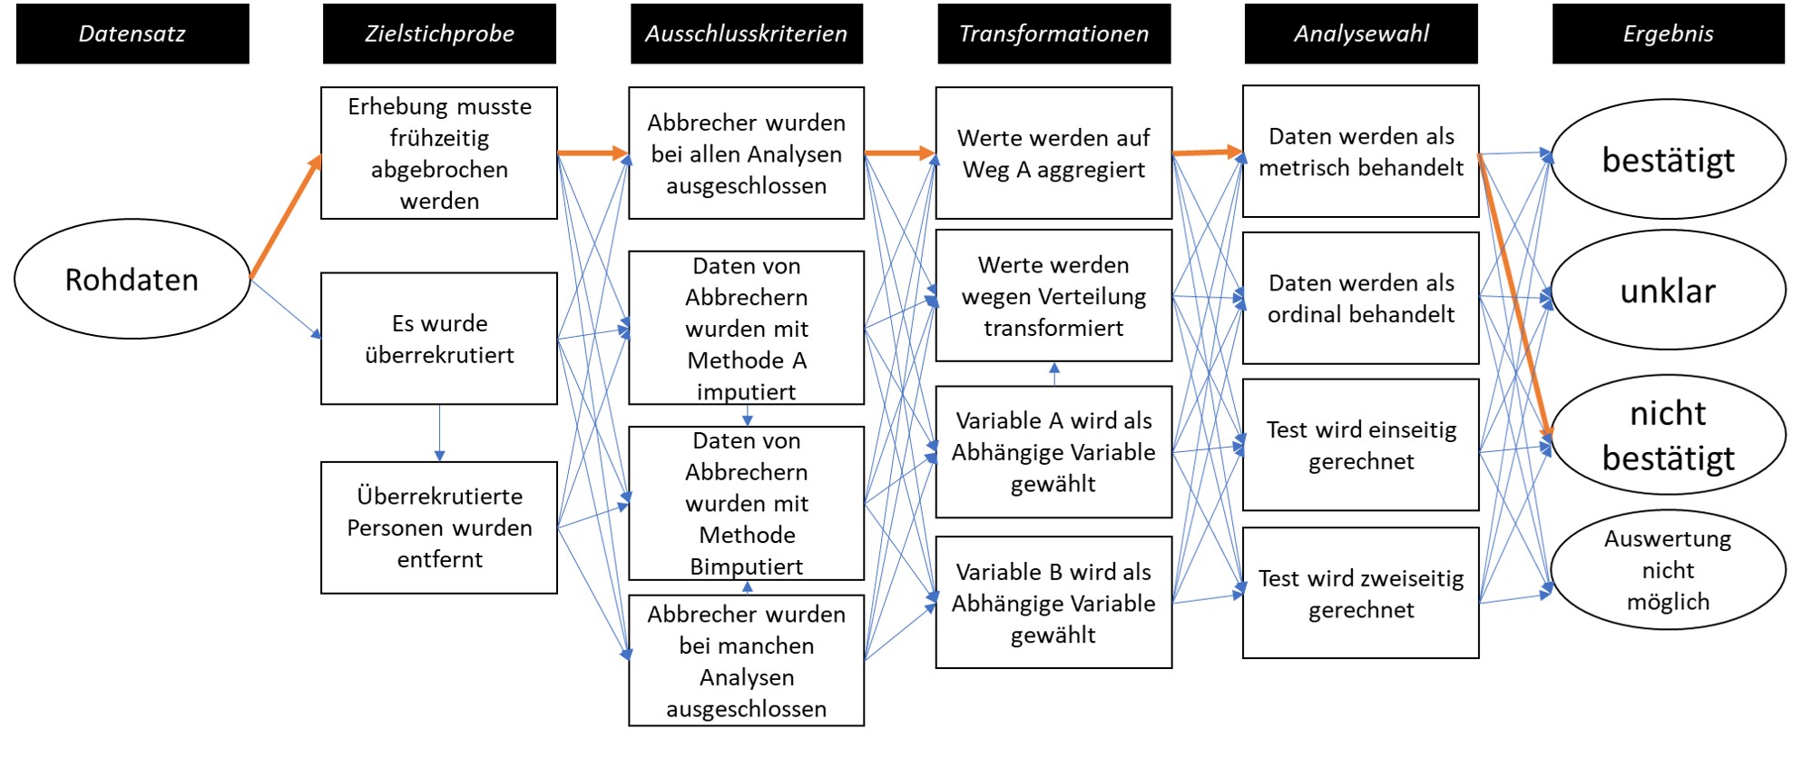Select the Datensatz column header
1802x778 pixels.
tap(132, 34)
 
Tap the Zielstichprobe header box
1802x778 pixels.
tap(439, 34)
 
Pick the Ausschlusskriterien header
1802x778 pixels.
tap(747, 34)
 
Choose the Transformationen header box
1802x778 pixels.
tap(1054, 34)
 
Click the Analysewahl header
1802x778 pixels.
tap(1361, 34)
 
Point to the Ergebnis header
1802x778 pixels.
tap(1669, 34)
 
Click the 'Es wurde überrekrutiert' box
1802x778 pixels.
tap(439, 339)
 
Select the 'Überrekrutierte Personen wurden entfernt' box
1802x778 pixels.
tap(439, 527)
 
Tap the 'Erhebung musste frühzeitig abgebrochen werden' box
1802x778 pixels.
tap(439, 153)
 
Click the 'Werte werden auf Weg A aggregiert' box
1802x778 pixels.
tap(1053, 153)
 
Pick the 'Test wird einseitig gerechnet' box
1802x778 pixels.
tap(1361, 445)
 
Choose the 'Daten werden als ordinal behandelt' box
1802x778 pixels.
tap(1361, 298)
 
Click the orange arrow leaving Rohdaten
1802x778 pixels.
tap(286, 216)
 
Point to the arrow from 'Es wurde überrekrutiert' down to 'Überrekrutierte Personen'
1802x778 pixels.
tap(440, 433)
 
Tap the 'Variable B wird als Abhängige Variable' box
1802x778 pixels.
tap(1053, 603)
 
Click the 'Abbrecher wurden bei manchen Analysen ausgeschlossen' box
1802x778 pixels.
tap(747, 660)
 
